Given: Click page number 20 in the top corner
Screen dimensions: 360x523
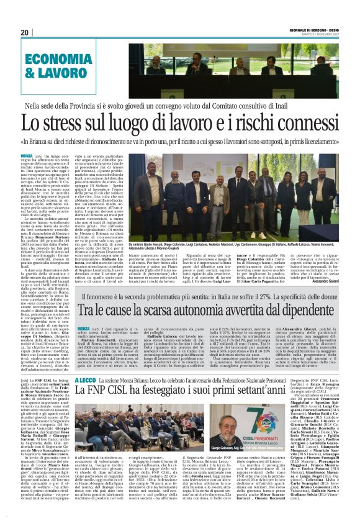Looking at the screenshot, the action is (x=25, y=32).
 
